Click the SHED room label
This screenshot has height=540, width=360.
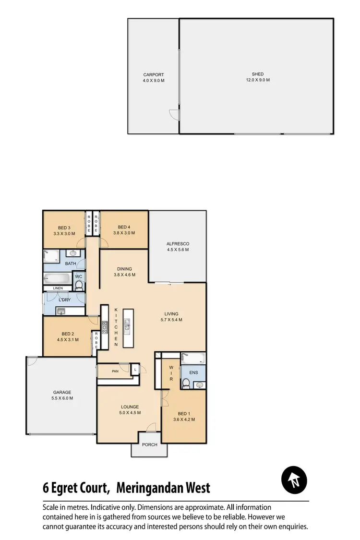258,74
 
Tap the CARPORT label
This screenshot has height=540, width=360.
154,75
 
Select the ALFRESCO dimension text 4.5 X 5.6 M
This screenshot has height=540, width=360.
178,250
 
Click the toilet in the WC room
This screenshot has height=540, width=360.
79,286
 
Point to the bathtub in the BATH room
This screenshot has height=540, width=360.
57,278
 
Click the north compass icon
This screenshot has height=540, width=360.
294,480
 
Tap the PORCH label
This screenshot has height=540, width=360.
150,444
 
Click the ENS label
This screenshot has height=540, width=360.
193,372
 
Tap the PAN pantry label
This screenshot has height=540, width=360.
115,371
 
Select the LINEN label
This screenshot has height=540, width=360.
58,288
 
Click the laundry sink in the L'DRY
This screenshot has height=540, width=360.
61,312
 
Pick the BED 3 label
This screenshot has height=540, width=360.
64,228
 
